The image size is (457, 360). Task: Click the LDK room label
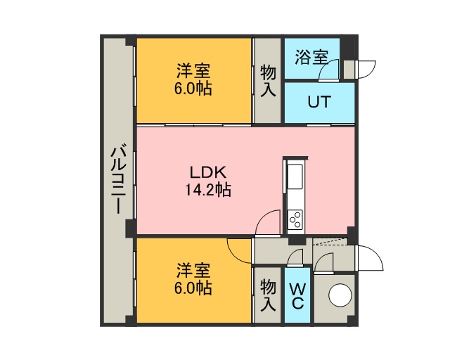(x=208, y=172)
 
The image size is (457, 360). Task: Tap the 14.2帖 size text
(x=208, y=190)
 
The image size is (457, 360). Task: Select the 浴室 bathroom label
(x=311, y=57)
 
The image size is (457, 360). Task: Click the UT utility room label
(x=319, y=102)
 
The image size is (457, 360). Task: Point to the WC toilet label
(x=297, y=296)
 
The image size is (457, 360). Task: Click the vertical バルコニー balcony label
(x=119, y=181)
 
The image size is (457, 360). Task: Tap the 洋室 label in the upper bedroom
(x=193, y=70)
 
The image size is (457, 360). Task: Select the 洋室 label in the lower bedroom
(x=193, y=270)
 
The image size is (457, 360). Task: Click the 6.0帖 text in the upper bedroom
(x=193, y=88)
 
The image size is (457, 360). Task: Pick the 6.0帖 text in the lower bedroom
(x=193, y=288)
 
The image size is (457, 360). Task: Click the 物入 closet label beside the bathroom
(x=268, y=81)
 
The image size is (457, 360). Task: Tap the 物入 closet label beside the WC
(x=268, y=295)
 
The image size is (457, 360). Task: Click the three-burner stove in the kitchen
(x=295, y=219)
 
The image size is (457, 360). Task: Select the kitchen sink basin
(x=295, y=176)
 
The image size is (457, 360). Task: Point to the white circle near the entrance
(x=340, y=295)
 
